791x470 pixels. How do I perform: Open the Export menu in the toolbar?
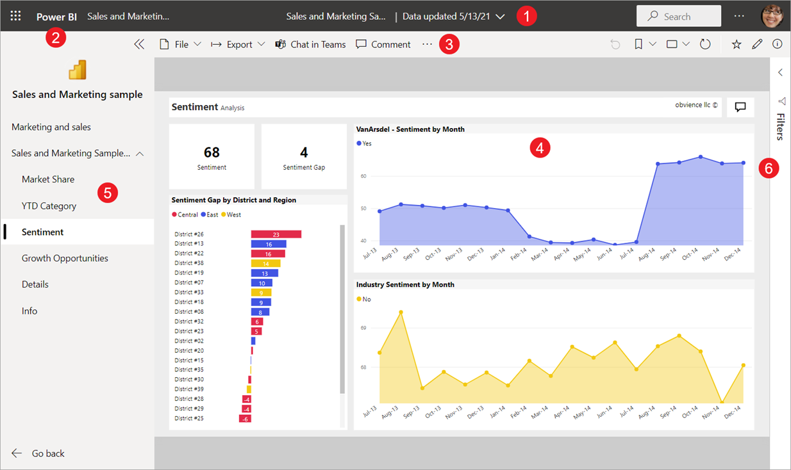(238, 44)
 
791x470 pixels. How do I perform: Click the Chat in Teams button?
(310, 44)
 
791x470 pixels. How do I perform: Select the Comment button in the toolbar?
(383, 44)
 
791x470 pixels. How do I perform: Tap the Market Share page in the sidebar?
(48, 179)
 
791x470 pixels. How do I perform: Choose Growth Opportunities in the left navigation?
(65, 258)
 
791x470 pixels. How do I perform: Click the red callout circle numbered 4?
(540, 149)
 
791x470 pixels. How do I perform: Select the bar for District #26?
(276, 234)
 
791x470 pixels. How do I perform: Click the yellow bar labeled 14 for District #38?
(266, 263)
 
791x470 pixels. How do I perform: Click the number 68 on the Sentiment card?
(212, 152)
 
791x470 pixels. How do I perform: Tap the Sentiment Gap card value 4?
(304, 152)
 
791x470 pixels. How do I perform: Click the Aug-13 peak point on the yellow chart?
(401, 312)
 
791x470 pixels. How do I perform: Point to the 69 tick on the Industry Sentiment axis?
(363, 328)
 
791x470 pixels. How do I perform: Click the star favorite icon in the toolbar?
(737, 44)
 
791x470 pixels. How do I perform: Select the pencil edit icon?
(757, 44)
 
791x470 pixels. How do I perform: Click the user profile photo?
(772, 16)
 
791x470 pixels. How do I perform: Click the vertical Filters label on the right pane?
(781, 126)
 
